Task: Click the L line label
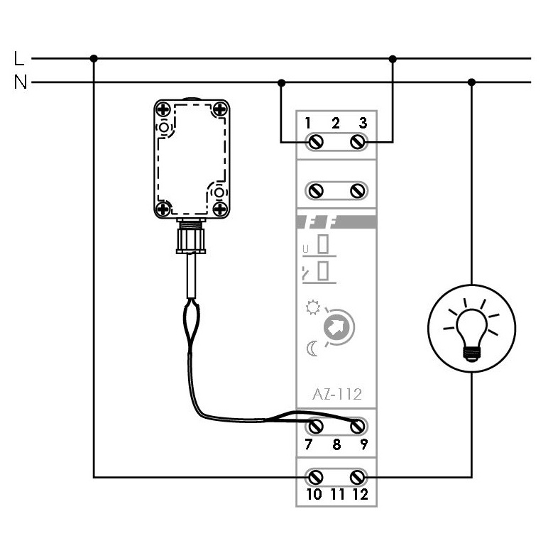[x=19, y=57]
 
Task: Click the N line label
[x=20, y=82]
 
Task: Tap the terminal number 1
[x=309, y=124]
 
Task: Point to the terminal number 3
[x=363, y=124]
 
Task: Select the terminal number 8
[x=336, y=445]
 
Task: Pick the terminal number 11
[x=337, y=494]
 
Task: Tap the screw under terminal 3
[x=358, y=142]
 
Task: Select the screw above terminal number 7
[x=315, y=427]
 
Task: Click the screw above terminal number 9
[x=359, y=427]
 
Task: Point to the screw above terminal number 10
[x=315, y=476]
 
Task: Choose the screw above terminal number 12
[x=359, y=476]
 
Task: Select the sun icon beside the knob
[x=311, y=308]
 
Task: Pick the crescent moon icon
[x=311, y=349]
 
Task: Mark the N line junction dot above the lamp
[x=471, y=82]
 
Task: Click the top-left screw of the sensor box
[x=164, y=109]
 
